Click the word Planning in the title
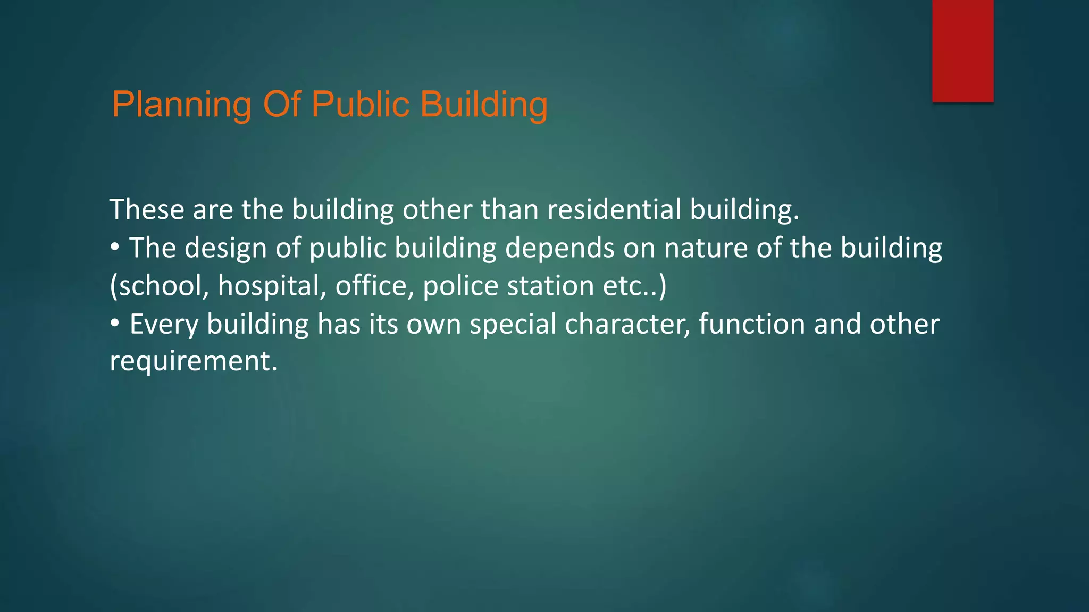point(181,105)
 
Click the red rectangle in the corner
point(962,50)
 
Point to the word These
point(147,209)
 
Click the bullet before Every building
point(115,324)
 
